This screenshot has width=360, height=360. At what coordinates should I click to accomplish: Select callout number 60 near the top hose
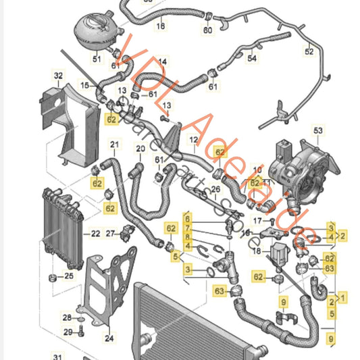coord(207,30)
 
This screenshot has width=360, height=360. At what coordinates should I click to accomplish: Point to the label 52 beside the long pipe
coord(309,51)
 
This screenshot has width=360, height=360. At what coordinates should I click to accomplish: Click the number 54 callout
coord(252,59)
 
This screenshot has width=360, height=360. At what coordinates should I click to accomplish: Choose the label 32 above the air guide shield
coord(58,75)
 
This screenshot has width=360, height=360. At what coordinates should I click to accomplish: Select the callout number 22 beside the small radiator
coord(95,234)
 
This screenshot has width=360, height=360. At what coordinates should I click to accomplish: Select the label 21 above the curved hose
coord(115,145)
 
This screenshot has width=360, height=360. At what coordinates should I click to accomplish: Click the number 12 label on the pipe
coord(193,140)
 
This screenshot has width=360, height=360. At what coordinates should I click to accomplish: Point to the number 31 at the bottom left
coord(58,356)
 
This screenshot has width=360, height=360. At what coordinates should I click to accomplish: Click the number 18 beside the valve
coord(257,251)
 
